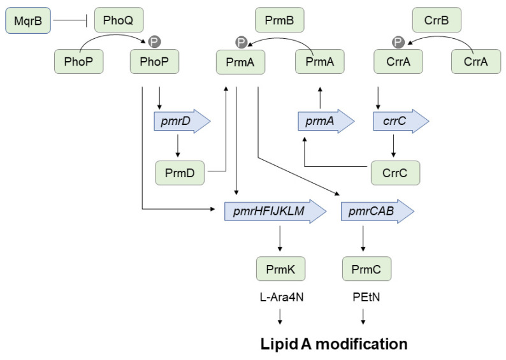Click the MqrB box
[28, 20]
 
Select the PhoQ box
[119, 20]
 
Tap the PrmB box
[280, 20]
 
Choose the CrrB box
[437, 20]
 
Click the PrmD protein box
[180, 173]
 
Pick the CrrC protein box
[395, 173]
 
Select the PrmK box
[281, 269]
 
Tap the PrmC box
[366, 269]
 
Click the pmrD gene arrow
[182, 121]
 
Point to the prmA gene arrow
[326, 121]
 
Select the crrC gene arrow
[401, 121]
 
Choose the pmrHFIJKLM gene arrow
[275, 212]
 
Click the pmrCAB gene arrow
[377, 212]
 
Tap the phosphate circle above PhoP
[154, 42]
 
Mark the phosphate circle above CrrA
[398, 42]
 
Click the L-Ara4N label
[282, 297]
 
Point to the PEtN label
[366, 297]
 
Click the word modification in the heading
[361, 344]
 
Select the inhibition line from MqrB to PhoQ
[70, 20]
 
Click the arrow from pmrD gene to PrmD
[178, 146]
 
